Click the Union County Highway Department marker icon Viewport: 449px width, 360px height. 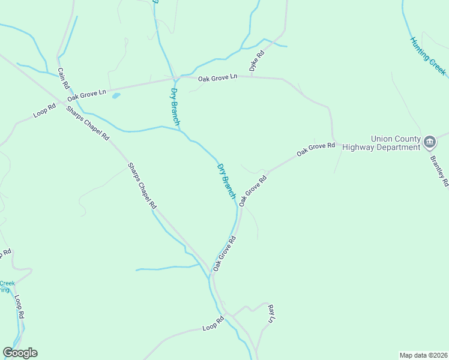click(430, 142)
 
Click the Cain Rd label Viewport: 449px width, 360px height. click(62, 79)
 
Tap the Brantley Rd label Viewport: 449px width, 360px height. click(439, 172)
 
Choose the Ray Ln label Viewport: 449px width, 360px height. click(271, 313)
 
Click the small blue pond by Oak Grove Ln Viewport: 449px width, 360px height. click(116, 95)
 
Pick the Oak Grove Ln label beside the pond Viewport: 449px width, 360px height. click(86, 94)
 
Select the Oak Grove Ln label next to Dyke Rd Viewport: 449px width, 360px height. click(218, 77)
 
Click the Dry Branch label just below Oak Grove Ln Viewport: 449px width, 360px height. click(175, 106)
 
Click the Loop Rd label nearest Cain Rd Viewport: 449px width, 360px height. click(44, 111)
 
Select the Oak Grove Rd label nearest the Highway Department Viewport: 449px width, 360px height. click(315, 150)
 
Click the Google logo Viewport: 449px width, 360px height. click(20, 352)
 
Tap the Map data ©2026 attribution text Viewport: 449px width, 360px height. click(423, 355)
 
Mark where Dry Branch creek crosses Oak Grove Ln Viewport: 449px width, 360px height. click(175, 79)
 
